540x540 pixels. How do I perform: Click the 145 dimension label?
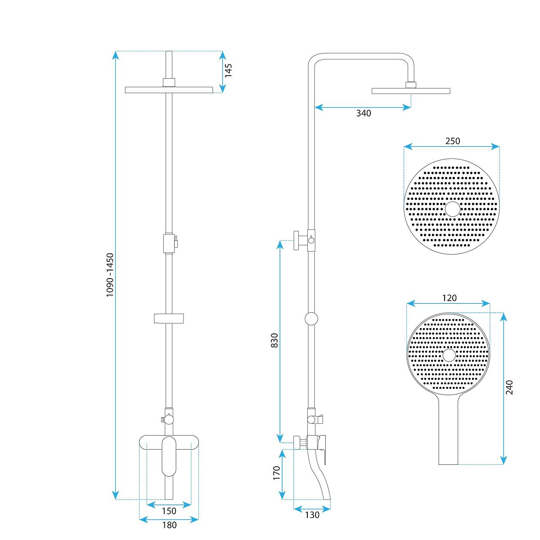(x=229, y=71)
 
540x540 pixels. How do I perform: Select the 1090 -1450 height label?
(x=110, y=275)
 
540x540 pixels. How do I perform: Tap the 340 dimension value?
(x=364, y=113)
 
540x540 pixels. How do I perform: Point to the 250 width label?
(x=453, y=141)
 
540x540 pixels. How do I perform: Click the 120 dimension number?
(x=449, y=298)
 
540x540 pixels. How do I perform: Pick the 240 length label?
(x=509, y=387)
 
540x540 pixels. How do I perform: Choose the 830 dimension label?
(x=274, y=341)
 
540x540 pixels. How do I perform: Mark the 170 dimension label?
(x=277, y=473)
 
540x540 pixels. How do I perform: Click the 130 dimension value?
(x=312, y=515)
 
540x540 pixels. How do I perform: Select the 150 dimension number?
(x=169, y=511)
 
